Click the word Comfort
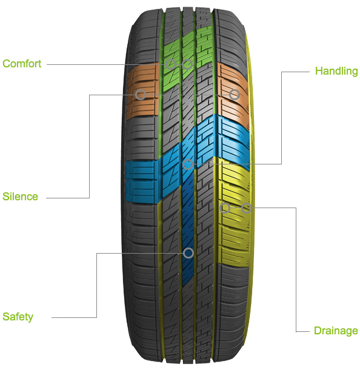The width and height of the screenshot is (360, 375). [22, 64]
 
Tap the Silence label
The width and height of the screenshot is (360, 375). [21, 197]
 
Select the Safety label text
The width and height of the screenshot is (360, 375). [18, 317]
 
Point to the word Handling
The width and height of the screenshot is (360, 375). [336, 71]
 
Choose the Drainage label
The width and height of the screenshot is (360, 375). [336, 331]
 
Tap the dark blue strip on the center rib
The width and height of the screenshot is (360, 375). [188, 229]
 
